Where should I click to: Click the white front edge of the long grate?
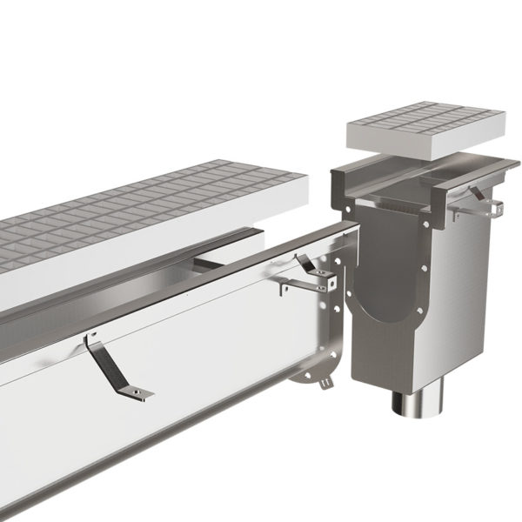pyautogui.click(x=130, y=261)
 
